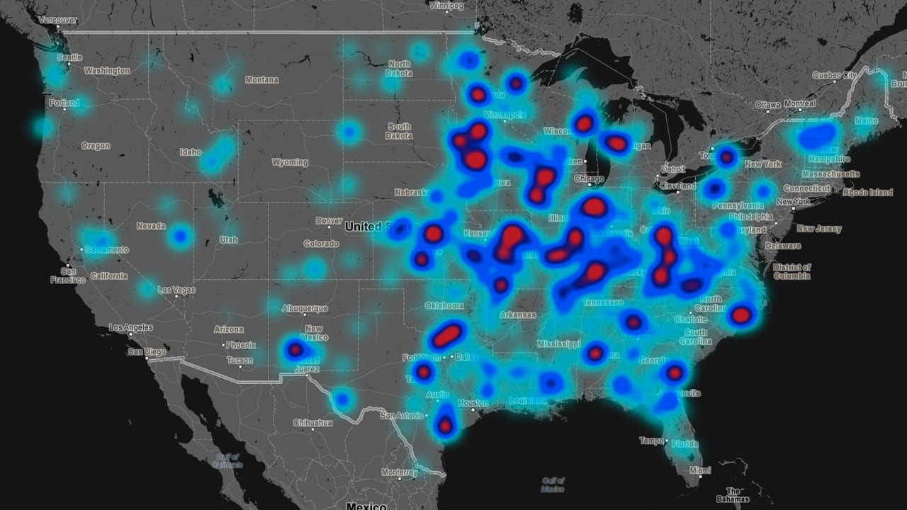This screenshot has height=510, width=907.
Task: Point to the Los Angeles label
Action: coord(130,328)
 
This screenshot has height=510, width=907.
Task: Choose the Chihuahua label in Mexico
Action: coord(314,423)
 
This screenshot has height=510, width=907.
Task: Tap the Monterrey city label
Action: coord(399,472)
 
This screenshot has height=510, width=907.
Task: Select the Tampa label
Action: coord(651,441)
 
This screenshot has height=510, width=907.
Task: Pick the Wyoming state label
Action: coord(290,162)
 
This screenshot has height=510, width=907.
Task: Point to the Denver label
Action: coord(329,221)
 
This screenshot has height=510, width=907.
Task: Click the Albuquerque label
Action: coord(305,308)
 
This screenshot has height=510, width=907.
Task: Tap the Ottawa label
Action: coord(768,105)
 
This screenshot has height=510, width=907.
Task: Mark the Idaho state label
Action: coord(191,152)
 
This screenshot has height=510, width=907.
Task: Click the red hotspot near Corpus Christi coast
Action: coord(445,426)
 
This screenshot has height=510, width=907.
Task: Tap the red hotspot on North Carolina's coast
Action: coord(740,315)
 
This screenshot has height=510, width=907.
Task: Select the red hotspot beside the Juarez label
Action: coord(295,349)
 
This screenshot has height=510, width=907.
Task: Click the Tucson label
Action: coord(240,361)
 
